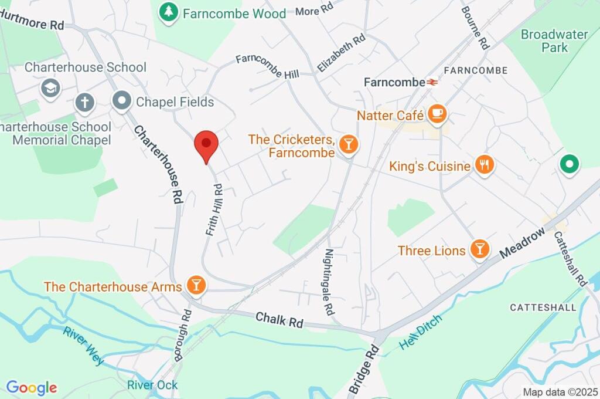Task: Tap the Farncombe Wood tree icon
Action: point(169,12)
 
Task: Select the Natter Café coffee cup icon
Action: point(437,114)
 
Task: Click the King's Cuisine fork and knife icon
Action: point(483,165)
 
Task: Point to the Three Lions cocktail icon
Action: point(480,250)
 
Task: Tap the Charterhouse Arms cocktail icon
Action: point(196,286)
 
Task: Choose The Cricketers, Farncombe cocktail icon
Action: point(349,144)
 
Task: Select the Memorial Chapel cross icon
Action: point(85,103)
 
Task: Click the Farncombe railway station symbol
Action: point(432,83)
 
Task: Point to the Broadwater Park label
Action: point(554,40)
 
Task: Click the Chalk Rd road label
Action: point(279,320)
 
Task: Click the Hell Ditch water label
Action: point(420,332)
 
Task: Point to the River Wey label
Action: point(84,345)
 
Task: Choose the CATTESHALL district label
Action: point(538,307)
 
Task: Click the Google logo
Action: point(32,387)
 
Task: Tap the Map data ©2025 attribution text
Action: point(560,392)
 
